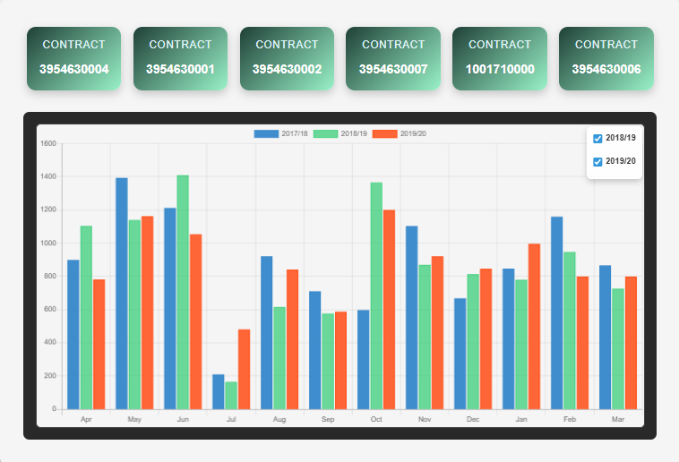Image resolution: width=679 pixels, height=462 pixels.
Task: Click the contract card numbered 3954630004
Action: [74, 58]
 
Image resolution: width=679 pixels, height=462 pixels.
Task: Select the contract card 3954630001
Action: [180, 58]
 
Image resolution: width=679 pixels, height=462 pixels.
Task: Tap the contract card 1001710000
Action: [500, 58]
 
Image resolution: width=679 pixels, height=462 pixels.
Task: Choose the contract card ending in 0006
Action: [606, 58]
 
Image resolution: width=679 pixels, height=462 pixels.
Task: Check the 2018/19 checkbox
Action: [597, 138]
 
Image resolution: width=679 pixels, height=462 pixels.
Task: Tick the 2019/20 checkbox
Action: [597, 162]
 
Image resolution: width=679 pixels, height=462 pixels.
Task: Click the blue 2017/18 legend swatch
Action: [266, 133]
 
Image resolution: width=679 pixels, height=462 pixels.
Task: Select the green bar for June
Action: [183, 292]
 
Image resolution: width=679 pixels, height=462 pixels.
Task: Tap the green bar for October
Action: [376, 295]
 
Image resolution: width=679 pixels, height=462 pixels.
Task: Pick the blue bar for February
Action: [557, 312]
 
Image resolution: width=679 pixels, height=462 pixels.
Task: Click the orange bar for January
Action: [534, 326]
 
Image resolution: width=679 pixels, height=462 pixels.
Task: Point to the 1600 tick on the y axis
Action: [48, 143]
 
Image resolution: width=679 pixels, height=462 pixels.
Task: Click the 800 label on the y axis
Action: [49, 277]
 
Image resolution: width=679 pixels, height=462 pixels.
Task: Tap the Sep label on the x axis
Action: [328, 419]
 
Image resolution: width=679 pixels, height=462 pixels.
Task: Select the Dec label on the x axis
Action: [473, 419]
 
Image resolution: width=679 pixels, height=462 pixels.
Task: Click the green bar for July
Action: [231, 395]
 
